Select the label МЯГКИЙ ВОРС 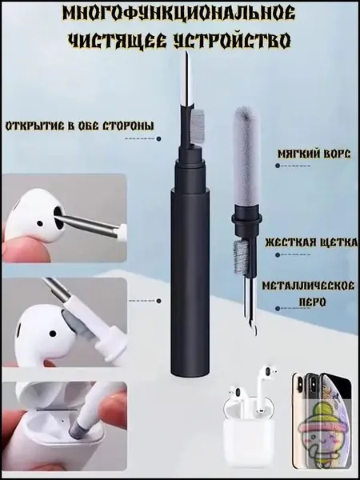click(314, 154)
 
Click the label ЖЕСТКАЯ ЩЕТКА click(311, 242)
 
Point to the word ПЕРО click(312, 302)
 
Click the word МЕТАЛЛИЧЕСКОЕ click(308, 286)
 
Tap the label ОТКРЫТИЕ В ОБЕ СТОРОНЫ click(79, 126)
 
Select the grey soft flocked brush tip click(246, 156)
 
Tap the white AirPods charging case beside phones click(248, 429)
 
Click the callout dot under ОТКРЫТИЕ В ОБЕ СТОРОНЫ click(158, 138)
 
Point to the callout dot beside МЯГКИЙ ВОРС click(278, 166)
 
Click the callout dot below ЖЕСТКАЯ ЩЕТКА click(278, 254)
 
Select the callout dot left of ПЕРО click(278, 309)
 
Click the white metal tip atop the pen click(186, 78)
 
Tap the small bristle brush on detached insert click(238, 257)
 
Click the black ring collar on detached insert click(246, 218)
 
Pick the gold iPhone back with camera click(302, 420)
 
